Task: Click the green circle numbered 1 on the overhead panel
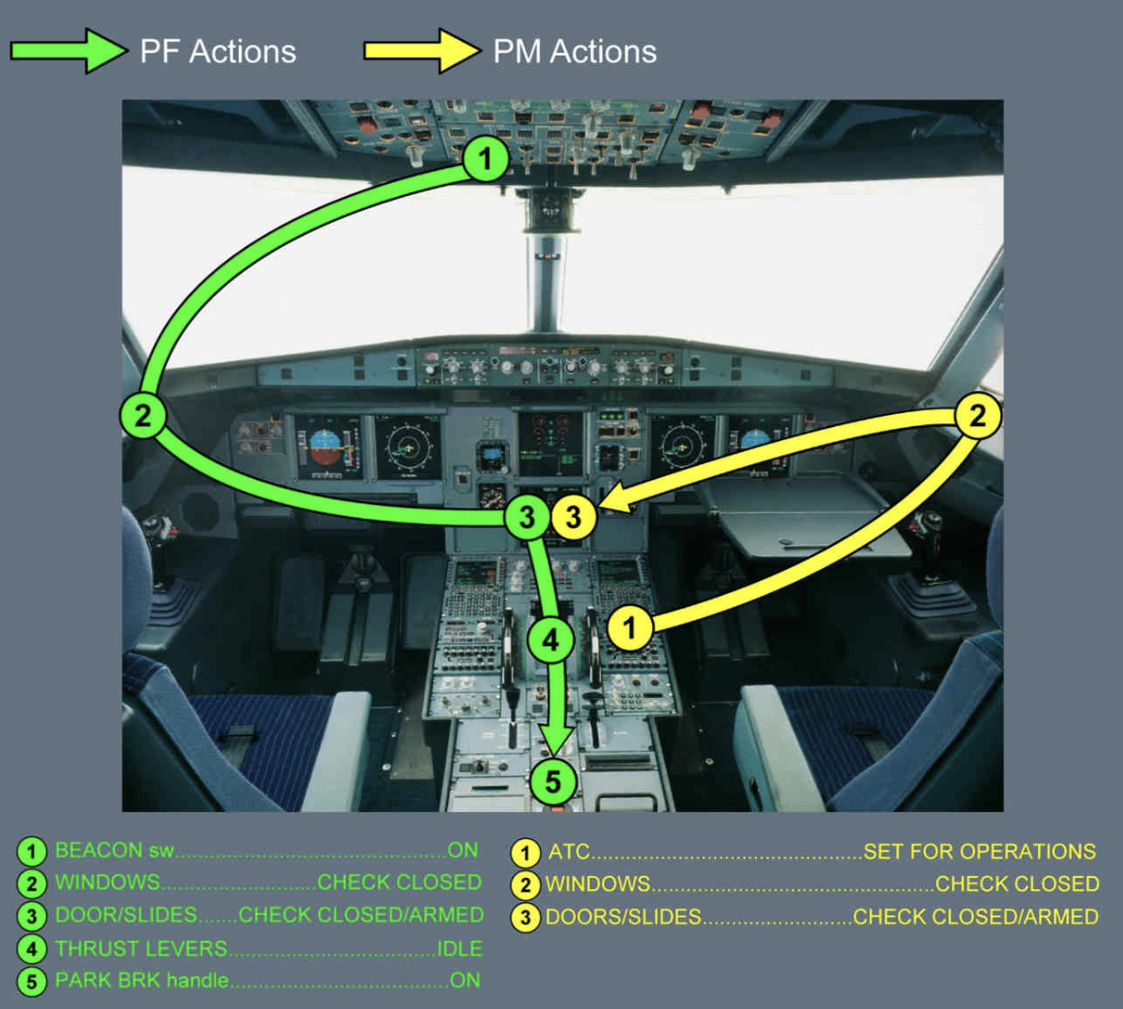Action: (486, 158)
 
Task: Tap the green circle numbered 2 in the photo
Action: (142, 415)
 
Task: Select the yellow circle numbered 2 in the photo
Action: (978, 415)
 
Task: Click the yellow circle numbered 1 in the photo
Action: (629, 627)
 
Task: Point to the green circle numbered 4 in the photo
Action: (550, 641)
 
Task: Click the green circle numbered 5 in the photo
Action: (552, 781)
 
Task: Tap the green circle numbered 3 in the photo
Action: (527, 517)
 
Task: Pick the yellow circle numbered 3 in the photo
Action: (573, 517)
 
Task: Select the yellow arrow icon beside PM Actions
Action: (422, 51)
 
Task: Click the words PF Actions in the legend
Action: (218, 52)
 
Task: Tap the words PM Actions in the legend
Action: (575, 52)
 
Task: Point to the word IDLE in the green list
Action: (460, 949)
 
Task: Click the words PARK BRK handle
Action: (142, 981)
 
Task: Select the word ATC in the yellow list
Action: (569, 852)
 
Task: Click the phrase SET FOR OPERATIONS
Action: (980, 852)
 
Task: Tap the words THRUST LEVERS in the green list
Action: (142, 949)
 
